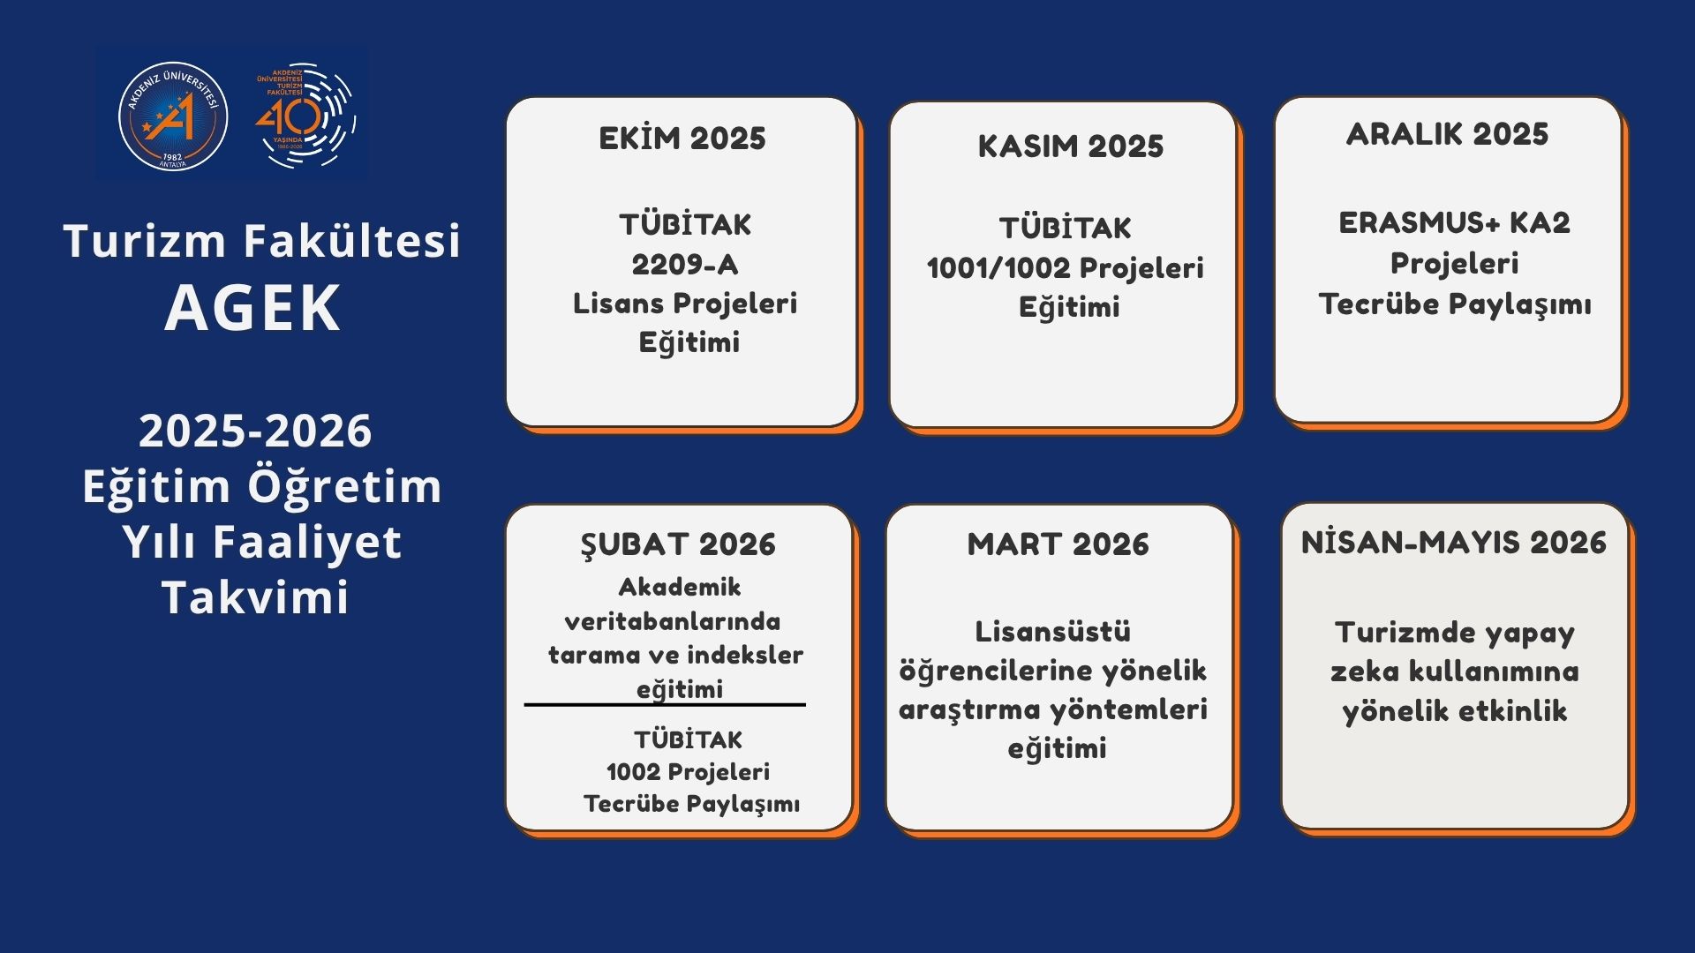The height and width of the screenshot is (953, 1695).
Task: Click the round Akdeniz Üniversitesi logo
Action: pos(173,116)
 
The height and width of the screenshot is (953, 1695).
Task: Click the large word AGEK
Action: pos(252,309)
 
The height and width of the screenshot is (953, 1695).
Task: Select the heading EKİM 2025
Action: pos(682,139)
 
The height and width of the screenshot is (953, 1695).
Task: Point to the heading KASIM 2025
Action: pos(1070,146)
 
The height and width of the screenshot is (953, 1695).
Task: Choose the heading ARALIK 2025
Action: pos(1448,134)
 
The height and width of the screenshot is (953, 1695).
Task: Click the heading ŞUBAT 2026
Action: pos(678,544)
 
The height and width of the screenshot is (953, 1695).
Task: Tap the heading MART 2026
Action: pos(1058,544)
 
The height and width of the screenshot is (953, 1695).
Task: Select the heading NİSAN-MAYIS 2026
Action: pos(1454,543)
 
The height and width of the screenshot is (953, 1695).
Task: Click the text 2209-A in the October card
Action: pos(685,264)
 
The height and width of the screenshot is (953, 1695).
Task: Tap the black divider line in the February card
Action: pos(665,705)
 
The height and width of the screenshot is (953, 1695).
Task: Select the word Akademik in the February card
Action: pos(680,587)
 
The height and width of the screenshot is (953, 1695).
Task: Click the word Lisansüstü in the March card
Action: pos(1053,632)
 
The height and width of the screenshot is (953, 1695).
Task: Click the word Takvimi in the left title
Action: pos(255,597)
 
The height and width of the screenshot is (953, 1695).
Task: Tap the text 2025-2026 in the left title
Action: pos(255,431)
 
